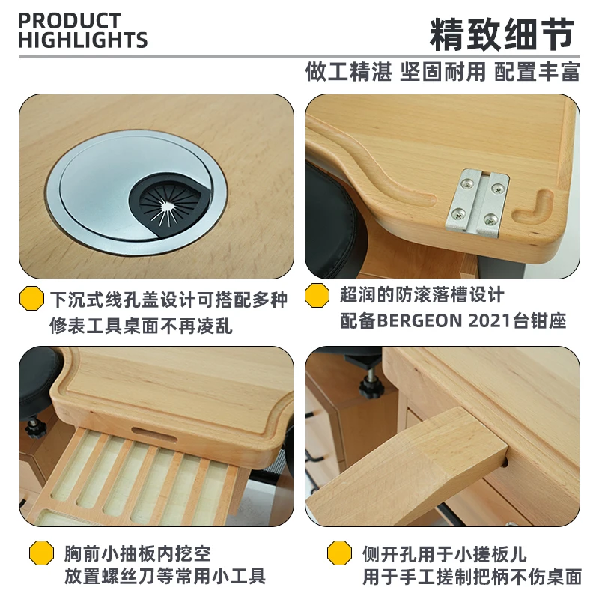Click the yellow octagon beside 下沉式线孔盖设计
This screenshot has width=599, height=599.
click(31, 298)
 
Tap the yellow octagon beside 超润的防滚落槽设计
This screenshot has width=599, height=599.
click(317, 295)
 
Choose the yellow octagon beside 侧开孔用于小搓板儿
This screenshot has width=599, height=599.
click(341, 554)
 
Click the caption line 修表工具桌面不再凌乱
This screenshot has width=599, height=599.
click(142, 326)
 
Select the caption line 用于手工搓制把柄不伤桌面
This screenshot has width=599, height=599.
click(472, 577)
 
